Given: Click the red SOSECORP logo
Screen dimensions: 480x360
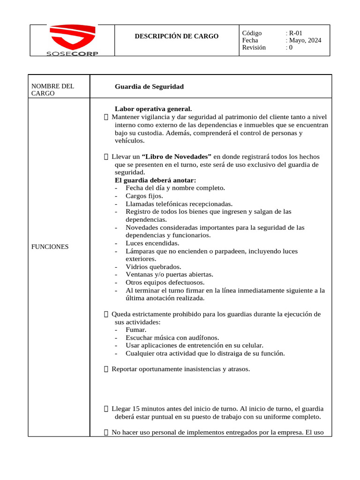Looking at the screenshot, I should pos(72,40).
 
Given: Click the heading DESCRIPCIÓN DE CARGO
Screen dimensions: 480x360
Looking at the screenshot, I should pos(177,36).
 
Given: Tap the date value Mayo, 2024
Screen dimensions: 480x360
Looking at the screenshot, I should pos(305,40).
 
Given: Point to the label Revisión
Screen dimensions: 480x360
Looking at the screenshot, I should pos(254,47).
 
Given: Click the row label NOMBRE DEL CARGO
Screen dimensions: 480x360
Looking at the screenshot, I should pos(52,90).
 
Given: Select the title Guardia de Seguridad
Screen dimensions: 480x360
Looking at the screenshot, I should pos(149,86).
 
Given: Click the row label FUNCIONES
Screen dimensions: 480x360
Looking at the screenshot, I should pos(50,247).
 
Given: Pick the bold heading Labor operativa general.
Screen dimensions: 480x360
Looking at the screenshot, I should pos(153,109).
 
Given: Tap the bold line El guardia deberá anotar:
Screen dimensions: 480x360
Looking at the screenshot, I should pos(155,180).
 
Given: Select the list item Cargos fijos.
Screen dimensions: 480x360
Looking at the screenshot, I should pos(144,196).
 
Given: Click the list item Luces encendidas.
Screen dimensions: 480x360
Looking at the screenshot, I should pos(152,243).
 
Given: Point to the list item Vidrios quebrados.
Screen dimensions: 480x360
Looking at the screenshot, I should pos(153,267).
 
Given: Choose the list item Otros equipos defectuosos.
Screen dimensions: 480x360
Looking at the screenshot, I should pos(165,282).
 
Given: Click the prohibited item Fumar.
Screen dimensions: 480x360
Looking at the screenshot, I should pos(136,330).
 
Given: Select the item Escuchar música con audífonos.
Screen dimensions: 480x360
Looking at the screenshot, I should pos(172,337).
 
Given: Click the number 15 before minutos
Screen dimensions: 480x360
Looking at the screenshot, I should pos(136,409).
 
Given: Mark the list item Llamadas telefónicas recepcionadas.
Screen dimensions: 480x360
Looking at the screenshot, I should pos(179,204).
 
